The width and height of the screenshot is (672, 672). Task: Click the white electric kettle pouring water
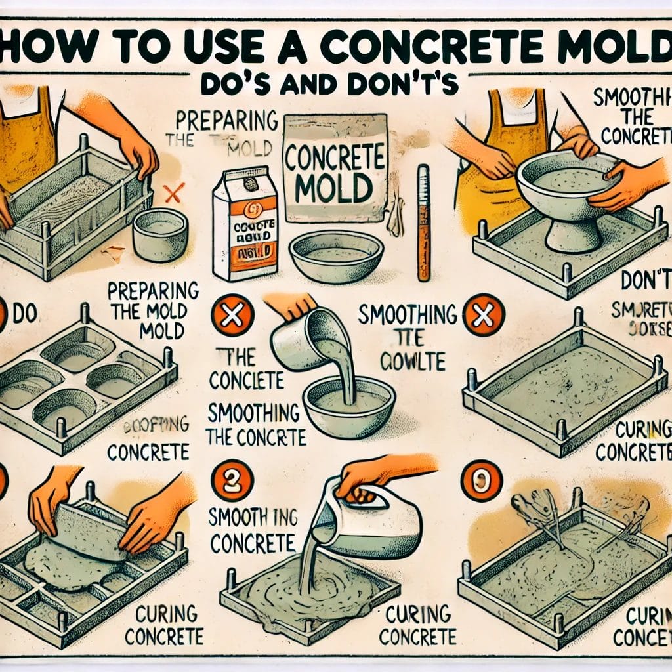pos(367,518)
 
